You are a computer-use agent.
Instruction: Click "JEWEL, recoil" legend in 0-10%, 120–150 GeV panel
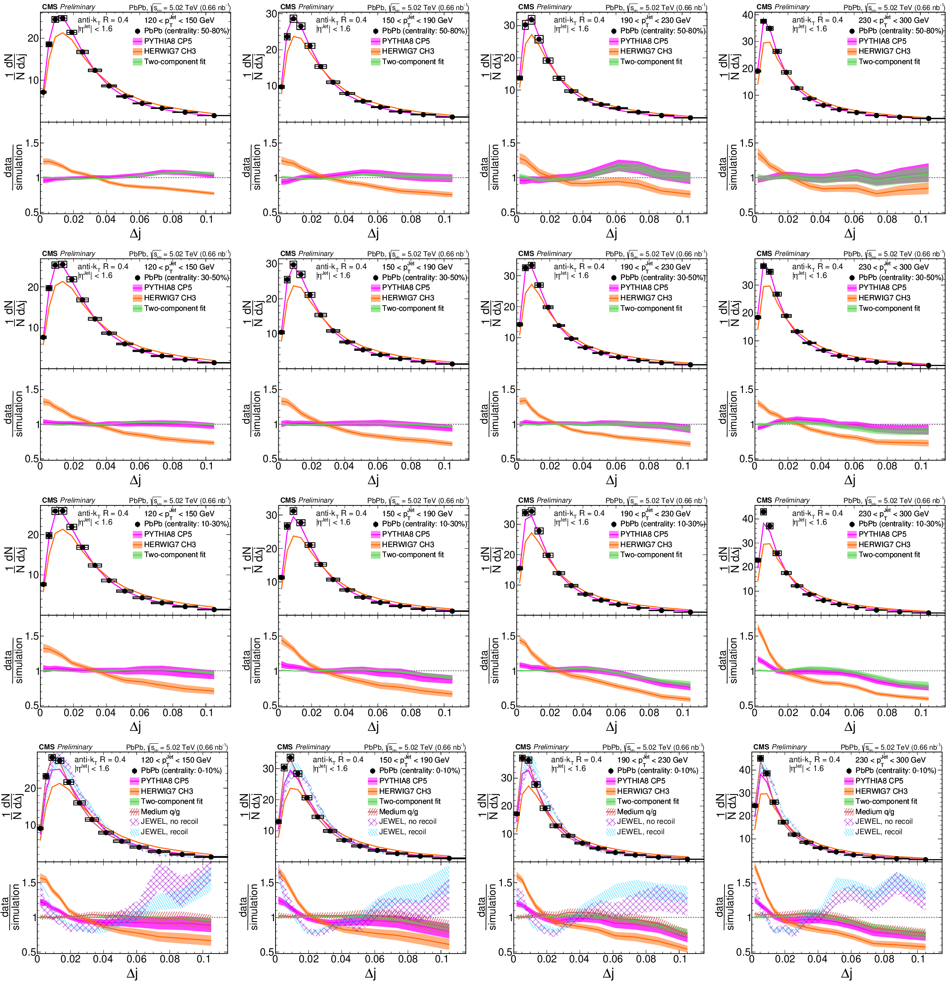click(164, 832)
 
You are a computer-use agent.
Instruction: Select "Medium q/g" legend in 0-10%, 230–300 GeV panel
click(875, 812)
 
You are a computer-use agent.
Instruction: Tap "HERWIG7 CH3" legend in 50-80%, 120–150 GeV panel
click(170, 51)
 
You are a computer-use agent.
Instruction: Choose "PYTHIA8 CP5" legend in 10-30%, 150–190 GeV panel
click(406, 534)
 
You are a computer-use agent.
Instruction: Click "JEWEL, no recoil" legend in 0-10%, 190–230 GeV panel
click(646, 822)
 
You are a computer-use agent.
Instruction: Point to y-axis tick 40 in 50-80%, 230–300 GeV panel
click(748, 15)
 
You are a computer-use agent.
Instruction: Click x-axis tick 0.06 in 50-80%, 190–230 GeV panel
click(616, 219)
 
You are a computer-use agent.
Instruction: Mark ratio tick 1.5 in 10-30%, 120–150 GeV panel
click(32, 636)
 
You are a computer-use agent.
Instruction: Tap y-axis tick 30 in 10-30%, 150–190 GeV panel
click(272, 515)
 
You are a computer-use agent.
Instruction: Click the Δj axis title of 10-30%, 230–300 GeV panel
click(849, 726)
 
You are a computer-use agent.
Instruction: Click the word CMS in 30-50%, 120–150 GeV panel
click(49, 254)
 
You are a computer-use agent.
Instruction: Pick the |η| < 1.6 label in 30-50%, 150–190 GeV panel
click(333, 276)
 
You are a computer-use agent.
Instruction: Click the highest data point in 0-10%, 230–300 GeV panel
click(760, 759)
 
